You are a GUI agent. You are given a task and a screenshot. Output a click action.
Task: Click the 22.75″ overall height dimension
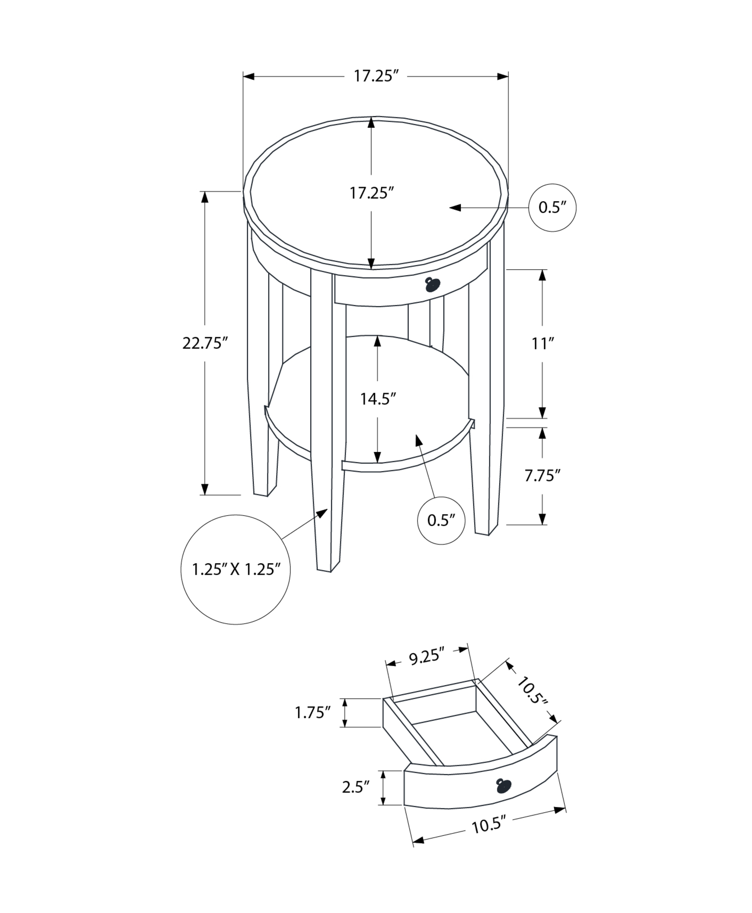tap(205, 343)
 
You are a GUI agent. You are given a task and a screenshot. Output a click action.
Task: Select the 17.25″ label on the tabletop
tap(371, 193)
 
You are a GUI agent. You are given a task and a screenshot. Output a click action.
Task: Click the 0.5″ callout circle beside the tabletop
tap(552, 208)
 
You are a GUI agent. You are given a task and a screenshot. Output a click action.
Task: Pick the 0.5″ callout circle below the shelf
tap(441, 520)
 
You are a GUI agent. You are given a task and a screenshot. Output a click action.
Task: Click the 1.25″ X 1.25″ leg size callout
tap(235, 569)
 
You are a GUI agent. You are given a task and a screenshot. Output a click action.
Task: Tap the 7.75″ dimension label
tap(542, 476)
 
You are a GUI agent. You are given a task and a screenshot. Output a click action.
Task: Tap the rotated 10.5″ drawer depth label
tap(532, 696)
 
